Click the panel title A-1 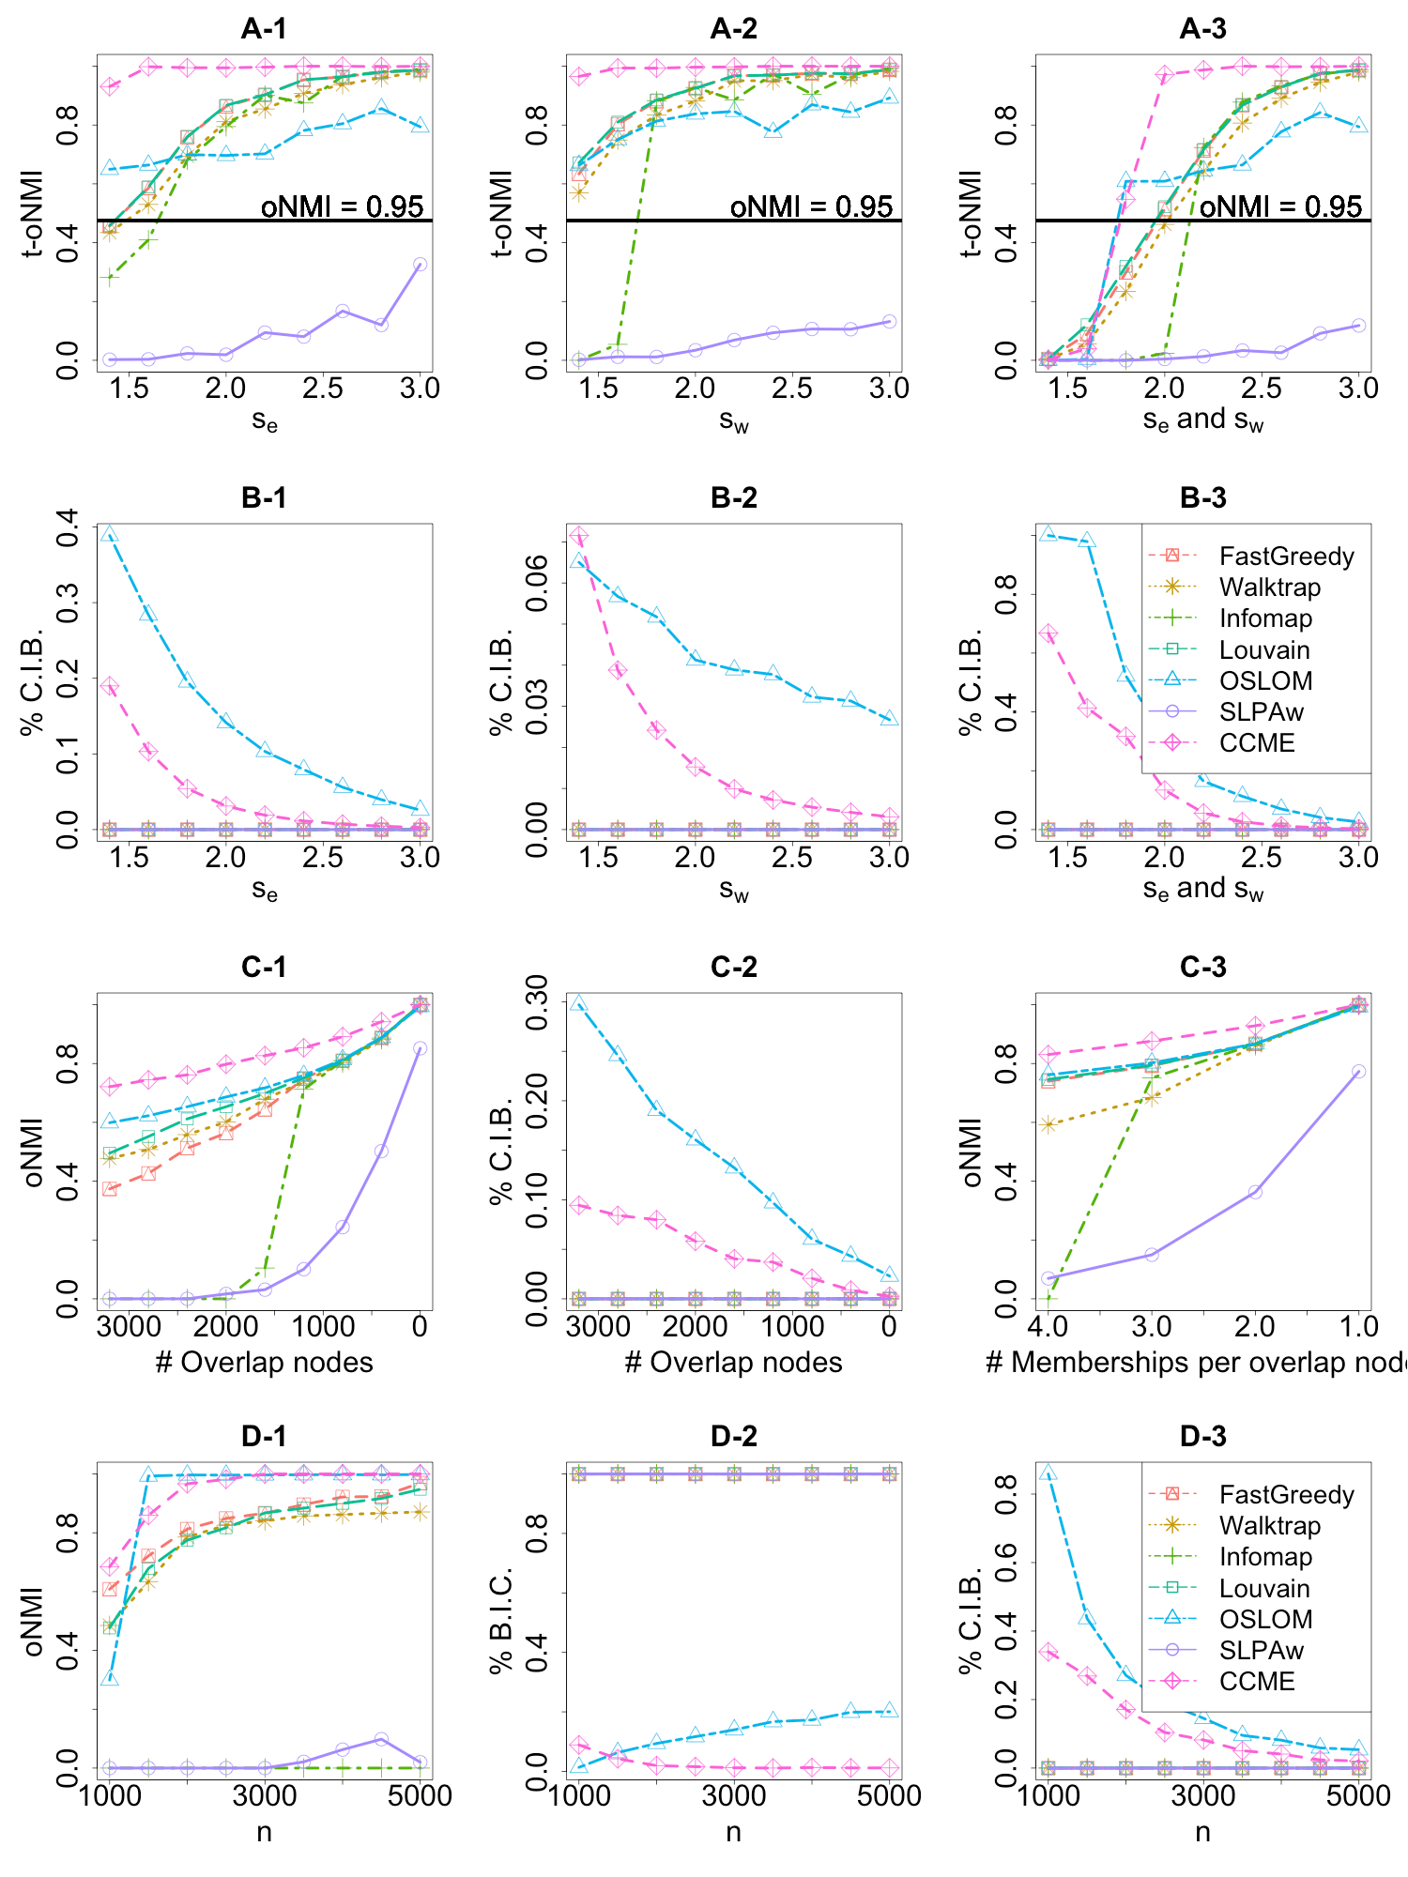tap(264, 29)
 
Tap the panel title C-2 tap(733, 968)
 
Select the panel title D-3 tap(1202, 1437)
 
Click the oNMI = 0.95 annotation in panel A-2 tap(811, 206)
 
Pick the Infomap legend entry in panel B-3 tap(1265, 618)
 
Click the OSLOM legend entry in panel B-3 tap(1265, 681)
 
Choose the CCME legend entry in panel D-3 tap(1257, 1682)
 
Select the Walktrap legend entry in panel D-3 tap(1269, 1526)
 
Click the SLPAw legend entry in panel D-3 tap(1261, 1651)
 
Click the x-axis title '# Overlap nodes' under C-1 tap(264, 1362)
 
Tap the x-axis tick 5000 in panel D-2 tap(890, 1795)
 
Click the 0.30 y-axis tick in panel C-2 tap(537, 1002)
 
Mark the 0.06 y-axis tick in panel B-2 tap(537, 583)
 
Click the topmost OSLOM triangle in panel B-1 tap(110, 534)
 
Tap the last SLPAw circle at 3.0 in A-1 tap(421, 265)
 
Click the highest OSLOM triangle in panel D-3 tap(1048, 1473)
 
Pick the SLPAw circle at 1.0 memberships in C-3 tap(1358, 1071)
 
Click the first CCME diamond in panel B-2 tap(579, 536)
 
